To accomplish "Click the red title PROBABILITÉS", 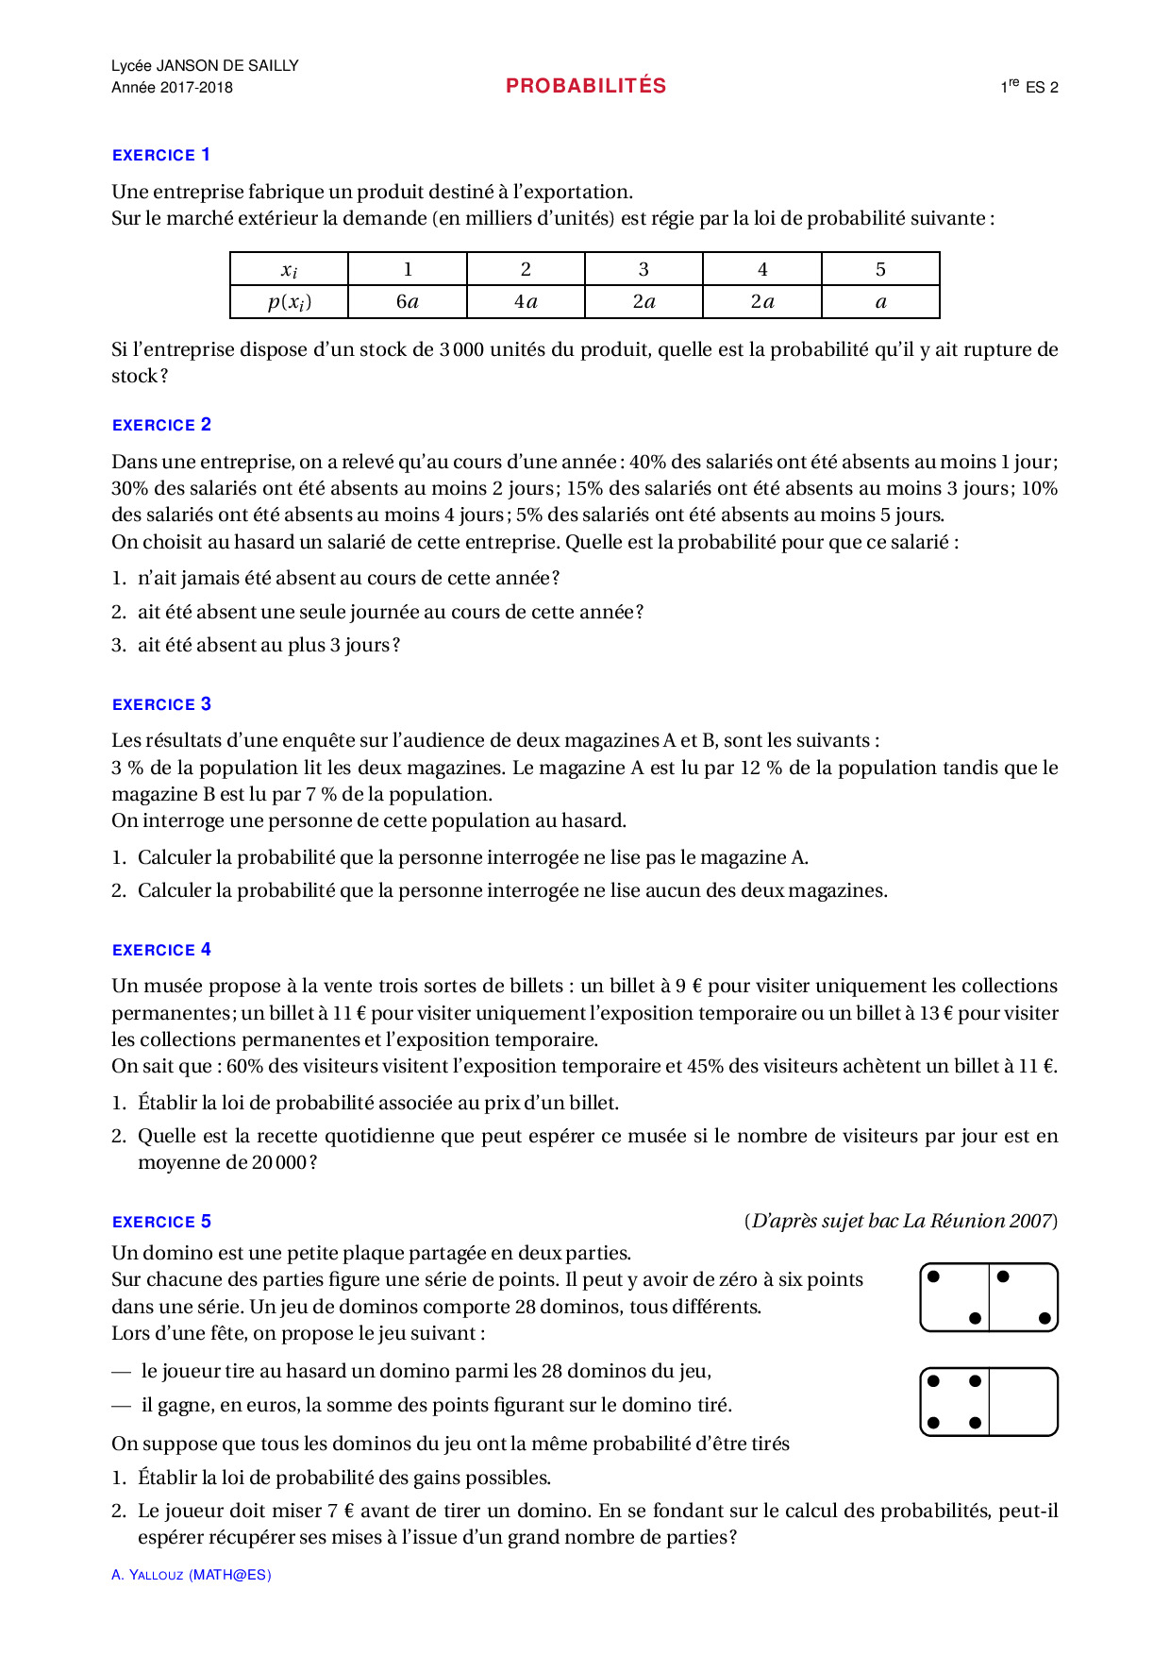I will [x=586, y=86].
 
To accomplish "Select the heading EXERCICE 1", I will [x=161, y=155].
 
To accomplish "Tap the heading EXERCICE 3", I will [x=161, y=704].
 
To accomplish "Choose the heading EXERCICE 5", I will [x=161, y=1222].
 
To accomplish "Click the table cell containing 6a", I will [x=408, y=302].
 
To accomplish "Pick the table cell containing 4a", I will [x=526, y=302].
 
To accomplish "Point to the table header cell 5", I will [x=880, y=269].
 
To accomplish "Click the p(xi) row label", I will [x=290, y=302].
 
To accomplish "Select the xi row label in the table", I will [x=290, y=270].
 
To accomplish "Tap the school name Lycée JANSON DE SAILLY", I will [x=205, y=65].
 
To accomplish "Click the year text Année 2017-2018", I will [x=172, y=88].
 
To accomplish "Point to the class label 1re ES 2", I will [x=1029, y=87].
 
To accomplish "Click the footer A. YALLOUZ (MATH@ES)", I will [x=192, y=1575].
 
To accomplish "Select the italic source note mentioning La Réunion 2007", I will [x=901, y=1221].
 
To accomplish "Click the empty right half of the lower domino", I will [x=1023, y=1402].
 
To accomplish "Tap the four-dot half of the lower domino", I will [x=955, y=1402].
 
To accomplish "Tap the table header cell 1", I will [x=408, y=269].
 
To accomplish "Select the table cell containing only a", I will [x=880, y=302].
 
